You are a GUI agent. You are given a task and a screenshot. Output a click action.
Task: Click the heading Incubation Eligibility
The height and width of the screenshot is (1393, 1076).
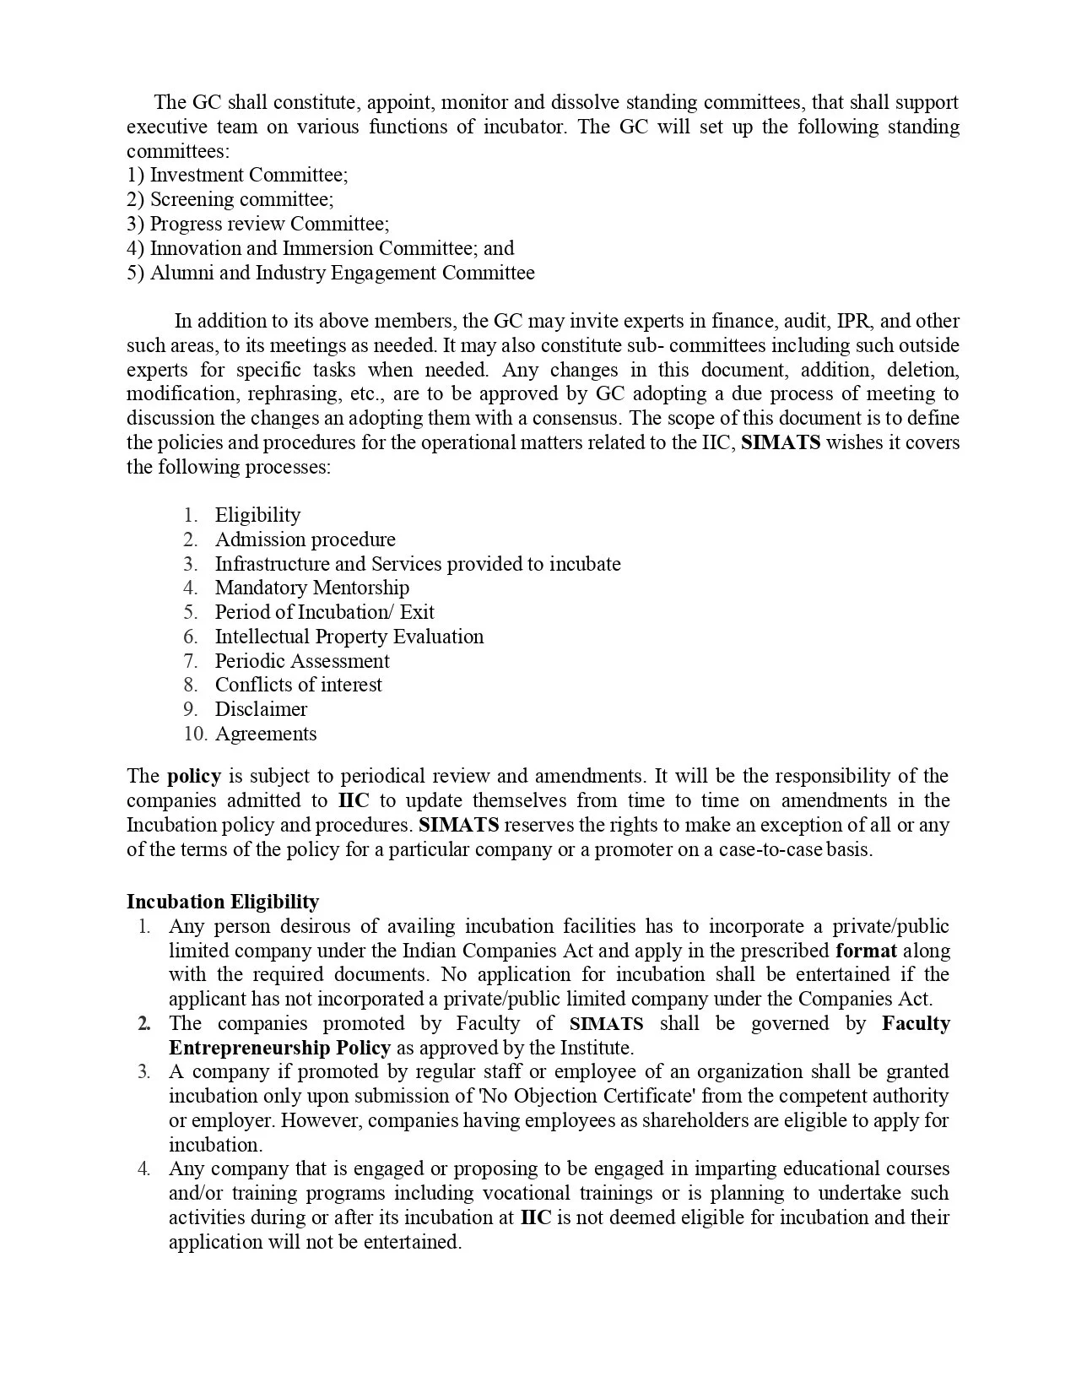(x=223, y=902)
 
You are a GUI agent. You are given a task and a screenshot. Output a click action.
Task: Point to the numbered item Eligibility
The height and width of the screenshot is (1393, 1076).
(x=257, y=515)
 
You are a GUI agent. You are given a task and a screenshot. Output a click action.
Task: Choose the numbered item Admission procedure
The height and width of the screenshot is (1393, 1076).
(x=305, y=539)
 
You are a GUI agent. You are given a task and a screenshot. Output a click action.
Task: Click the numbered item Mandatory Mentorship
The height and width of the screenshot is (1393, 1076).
(x=311, y=588)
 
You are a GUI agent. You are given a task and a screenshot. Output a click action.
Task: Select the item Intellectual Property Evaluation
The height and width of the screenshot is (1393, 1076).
(x=349, y=637)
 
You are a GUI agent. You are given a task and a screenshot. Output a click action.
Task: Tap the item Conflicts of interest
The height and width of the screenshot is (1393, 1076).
(x=298, y=685)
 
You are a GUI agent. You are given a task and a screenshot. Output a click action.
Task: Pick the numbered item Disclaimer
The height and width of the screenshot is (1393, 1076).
(x=261, y=709)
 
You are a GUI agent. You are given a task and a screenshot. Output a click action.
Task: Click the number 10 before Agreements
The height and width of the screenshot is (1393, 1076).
(x=194, y=734)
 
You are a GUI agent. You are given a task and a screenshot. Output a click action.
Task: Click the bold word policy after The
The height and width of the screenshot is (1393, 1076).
(x=194, y=776)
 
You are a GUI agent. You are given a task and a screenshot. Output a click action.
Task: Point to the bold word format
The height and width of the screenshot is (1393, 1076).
(x=866, y=951)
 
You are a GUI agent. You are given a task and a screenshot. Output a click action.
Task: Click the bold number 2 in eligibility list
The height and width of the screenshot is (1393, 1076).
(x=144, y=1024)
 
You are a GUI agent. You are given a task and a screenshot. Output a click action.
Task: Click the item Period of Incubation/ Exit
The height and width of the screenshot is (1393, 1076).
(x=324, y=612)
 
